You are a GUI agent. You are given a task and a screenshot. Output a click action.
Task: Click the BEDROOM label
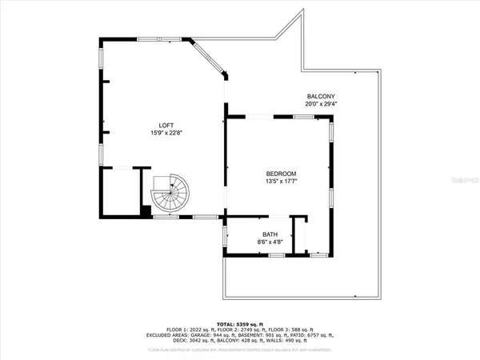click(x=282, y=174)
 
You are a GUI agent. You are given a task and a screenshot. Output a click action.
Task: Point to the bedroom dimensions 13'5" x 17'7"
click(x=282, y=182)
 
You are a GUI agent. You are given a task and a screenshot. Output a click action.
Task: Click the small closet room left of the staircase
click(x=118, y=191)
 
